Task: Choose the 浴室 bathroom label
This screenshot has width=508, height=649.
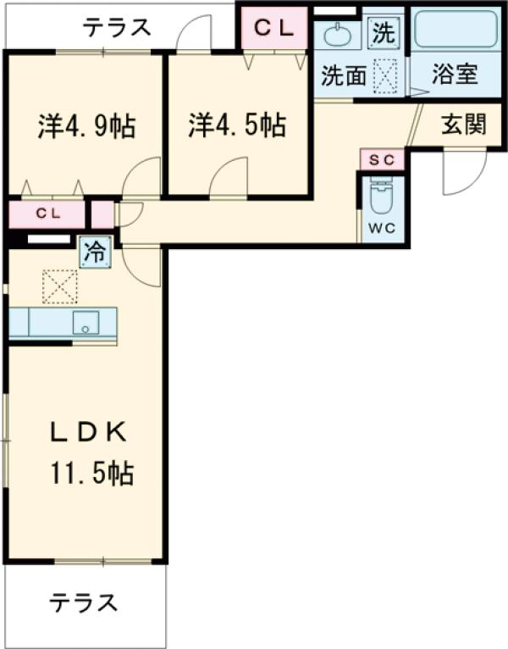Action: (455, 74)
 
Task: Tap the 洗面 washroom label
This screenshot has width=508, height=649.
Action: (343, 76)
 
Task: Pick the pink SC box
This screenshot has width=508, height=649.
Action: (382, 159)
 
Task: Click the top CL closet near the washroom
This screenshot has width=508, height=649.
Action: (273, 29)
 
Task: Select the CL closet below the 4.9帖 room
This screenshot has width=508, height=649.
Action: (47, 214)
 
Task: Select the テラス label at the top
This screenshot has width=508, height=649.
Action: (117, 28)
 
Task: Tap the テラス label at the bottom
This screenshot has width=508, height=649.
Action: (82, 603)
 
